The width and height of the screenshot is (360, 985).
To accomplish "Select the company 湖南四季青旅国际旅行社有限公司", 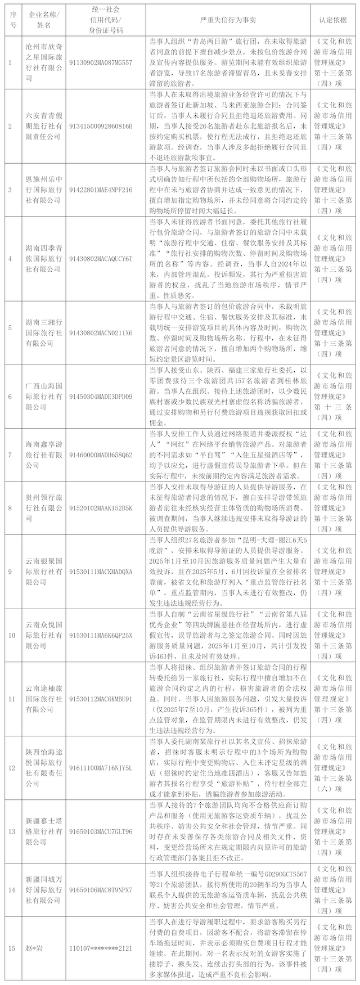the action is (x=44, y=258).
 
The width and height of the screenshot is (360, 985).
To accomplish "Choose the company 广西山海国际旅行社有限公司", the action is (x=44, y=396).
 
